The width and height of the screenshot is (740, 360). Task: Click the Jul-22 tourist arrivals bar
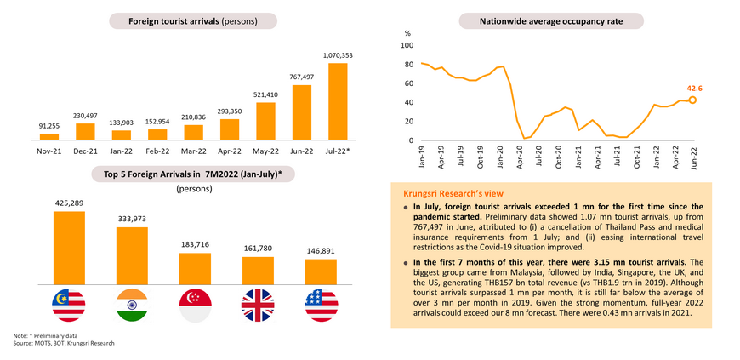pos(338,100)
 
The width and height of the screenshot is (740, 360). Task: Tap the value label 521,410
pos(265,94)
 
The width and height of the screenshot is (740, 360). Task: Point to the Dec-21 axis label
pos(85,151)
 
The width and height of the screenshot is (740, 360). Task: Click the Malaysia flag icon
pos(69,303)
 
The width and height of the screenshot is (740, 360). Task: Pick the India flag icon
pos(131,303)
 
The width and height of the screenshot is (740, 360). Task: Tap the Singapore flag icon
pos(195,303)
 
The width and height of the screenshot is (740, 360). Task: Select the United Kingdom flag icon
pos(258,303)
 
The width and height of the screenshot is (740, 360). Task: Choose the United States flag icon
pos(321,303)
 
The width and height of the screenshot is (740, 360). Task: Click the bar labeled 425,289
pos(69,248)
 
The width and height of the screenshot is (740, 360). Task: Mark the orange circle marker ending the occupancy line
pos(693,100)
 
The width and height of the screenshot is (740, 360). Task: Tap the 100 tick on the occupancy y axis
pos(407,45)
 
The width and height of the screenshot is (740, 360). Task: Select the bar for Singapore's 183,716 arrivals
pos(195,274)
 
